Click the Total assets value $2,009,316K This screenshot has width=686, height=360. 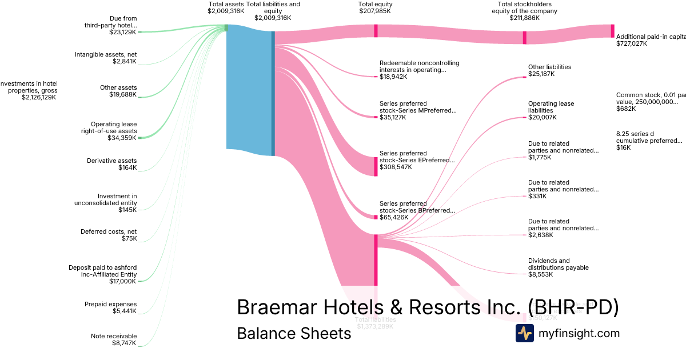(x=226, y=11)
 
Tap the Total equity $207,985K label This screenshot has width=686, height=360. (x=375, y=7)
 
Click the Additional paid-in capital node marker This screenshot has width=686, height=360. (x=612, y=31)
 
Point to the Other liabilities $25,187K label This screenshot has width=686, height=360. (x=549, y=70)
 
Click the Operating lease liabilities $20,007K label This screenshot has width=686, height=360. (x=551, y=110)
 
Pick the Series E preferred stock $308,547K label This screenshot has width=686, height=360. (x=417, y=160)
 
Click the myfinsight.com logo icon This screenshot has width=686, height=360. (x=524, y=333)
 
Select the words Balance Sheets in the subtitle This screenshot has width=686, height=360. (x=294, y=333)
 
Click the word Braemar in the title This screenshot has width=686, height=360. (x=274, y=307)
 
